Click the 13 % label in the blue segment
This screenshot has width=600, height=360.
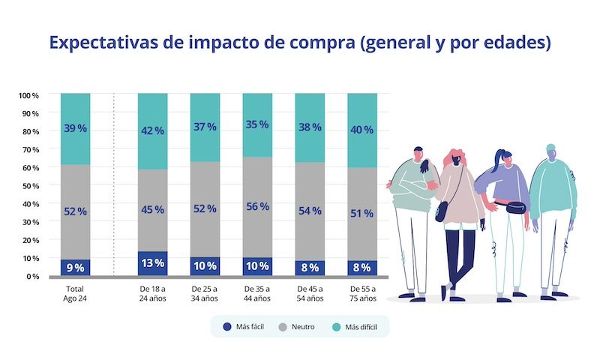click(x=152, y=263)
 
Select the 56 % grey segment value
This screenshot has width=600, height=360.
click(x=257, y=207)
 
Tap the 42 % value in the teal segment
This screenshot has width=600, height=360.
click(x=152, y=130)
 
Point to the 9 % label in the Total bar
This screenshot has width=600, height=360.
click(x=75, y=267)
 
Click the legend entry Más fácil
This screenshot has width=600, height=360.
click(x=244, y=326)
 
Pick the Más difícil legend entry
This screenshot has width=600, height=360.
click(x=353, y=326)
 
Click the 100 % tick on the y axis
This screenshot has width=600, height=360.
click(x=29, y=95)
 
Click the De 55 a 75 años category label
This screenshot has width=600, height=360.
click(x=362, y=293)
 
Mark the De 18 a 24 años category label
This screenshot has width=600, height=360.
click(x=152, y=293)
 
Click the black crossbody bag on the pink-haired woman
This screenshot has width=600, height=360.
click(x=442, y=211)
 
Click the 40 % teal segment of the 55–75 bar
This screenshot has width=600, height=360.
click(x=362, y=130)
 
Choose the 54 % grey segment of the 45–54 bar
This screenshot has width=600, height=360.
click(x=310, y=211)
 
